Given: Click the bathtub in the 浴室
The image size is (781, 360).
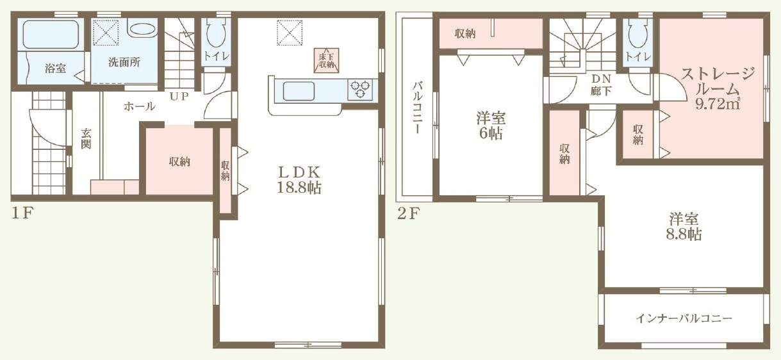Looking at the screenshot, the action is click(x=51, y=34).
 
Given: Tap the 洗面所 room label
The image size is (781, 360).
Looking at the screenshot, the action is click(x=124, y=62).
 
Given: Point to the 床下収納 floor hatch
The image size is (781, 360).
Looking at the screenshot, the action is click(x=326, y=61).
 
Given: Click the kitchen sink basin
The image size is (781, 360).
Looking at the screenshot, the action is click(x=299, y=91).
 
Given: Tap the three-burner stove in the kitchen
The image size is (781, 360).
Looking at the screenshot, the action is click(x=360, y=90).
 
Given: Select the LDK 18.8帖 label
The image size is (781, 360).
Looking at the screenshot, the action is click(x=299, y=180).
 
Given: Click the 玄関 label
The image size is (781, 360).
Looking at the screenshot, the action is click(x=86, y=138).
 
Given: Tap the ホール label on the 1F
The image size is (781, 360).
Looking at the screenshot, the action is click(x=139, y=106).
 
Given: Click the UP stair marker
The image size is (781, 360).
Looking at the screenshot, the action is click(x=179, y=96).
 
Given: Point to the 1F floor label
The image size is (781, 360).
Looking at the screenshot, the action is click(x=22, y=213).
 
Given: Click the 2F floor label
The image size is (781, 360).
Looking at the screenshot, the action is click(x=407, y=214).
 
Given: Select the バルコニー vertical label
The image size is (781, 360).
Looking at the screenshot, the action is click(x=418, y=107).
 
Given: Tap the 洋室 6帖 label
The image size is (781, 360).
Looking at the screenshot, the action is click(x=491, y=126).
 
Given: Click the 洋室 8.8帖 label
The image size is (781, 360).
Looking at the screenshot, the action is click(x=684, y=227).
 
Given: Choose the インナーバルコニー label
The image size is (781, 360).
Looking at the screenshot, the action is click(x=684, y=318).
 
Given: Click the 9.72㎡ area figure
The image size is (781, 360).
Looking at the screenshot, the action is click(x=718, y=104).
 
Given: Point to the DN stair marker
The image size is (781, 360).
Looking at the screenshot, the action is click(x=601, y=79).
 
